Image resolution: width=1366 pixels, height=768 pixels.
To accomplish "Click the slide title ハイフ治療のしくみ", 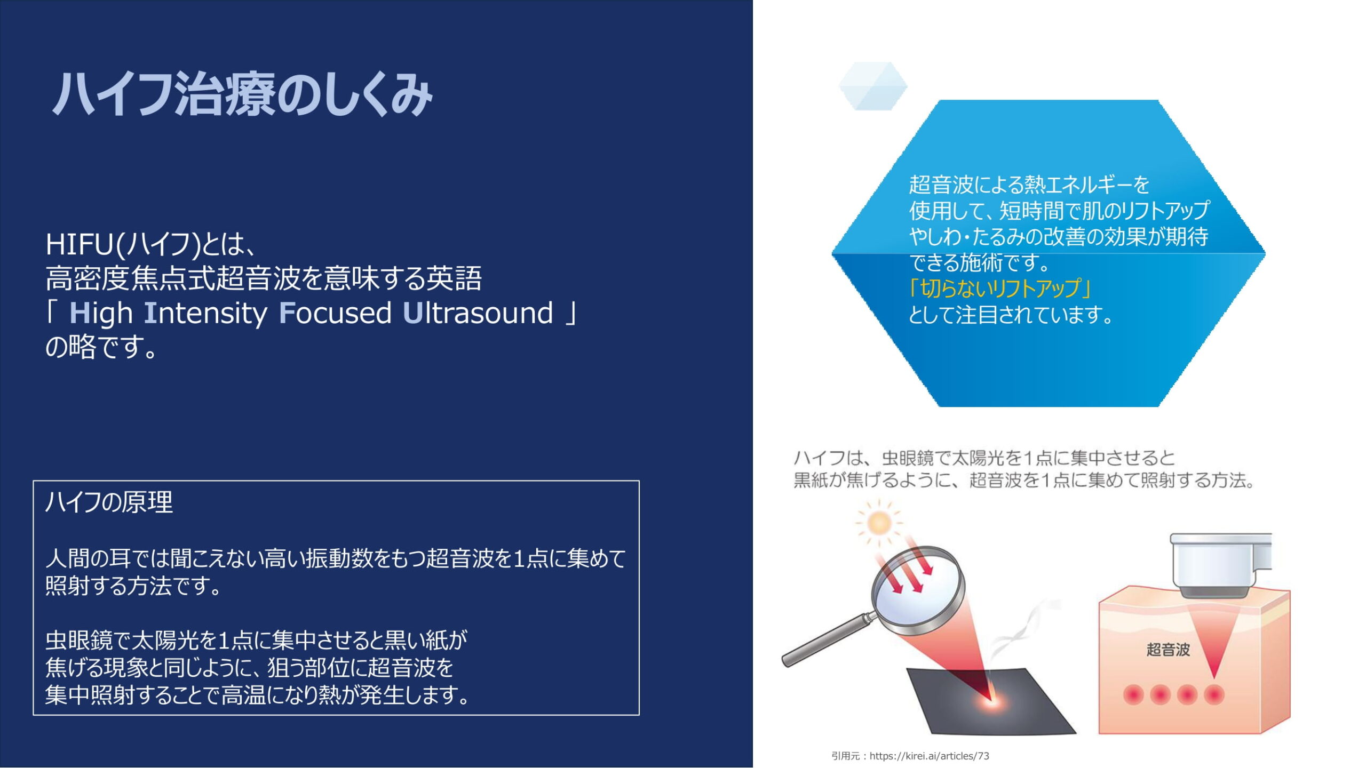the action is pos(242,95).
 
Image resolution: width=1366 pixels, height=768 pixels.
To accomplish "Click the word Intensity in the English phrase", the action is pos(205,314).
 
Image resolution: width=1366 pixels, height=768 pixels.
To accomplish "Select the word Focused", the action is pos(336,313).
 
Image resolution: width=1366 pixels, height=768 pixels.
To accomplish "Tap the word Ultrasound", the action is pos(478,313).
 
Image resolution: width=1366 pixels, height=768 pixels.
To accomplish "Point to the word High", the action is pos(101,314).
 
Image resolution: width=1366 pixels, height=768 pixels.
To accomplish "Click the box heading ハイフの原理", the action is pos(109,502).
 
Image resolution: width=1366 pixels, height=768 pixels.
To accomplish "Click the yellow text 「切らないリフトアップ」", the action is pos(999,288).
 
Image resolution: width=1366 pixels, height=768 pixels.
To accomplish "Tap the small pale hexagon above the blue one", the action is pos(872,86).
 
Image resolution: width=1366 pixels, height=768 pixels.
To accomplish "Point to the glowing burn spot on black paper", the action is pos(990,700).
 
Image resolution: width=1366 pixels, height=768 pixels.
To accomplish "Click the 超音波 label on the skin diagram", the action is pos(1168,650).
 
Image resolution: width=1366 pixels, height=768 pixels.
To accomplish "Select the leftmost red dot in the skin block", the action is pos(1133,695).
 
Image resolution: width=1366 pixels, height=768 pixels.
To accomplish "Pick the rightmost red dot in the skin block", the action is pos(1214,695).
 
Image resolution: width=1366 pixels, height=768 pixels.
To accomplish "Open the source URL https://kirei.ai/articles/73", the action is pos(929,756).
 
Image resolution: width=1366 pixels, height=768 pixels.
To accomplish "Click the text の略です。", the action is pos(101,347).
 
